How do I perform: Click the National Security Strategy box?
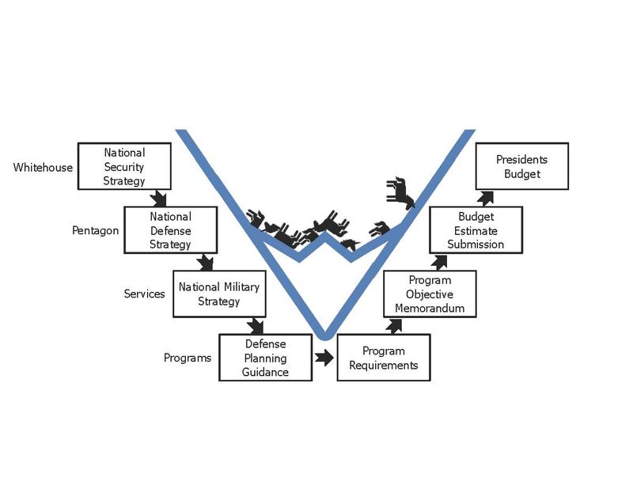point(124,166)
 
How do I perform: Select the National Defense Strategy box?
point(170,229)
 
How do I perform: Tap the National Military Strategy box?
point(219,294)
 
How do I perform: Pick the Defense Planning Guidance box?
point(266,358)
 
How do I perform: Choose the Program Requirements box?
point(384,358)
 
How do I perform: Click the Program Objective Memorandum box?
point(430,294)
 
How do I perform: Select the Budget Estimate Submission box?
point(476,229)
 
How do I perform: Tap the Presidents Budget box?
point(521,166)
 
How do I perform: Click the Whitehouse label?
point(44,168)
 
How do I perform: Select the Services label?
point(144,294)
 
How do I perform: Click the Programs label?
point(188,358)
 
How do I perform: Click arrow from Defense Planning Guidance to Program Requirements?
point(324,358)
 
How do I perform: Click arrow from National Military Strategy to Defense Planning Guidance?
point(255,325)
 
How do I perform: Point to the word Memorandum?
point(430,308)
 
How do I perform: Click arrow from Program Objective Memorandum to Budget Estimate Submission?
point(438,261)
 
